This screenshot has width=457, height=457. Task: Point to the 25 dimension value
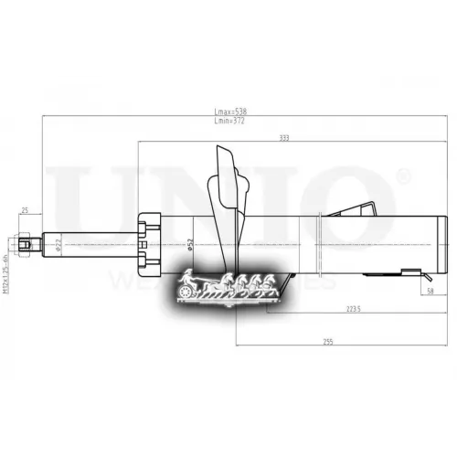[25, 210]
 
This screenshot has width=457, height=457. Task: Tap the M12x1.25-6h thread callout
[8, 259]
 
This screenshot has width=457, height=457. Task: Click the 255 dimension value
[325, 341]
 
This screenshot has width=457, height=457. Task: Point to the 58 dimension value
[430, 292]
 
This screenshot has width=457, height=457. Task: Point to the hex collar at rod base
[149, 243]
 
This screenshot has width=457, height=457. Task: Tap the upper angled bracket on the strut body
[362, 208]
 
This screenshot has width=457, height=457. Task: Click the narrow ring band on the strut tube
[318, 243]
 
